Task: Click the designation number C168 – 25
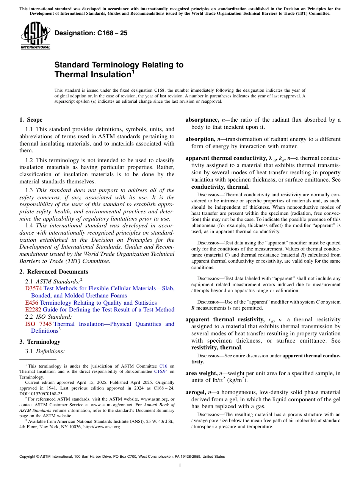[x=91, y=33]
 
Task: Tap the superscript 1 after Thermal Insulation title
[x=133, y=72]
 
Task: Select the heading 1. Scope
[x=31, y=120]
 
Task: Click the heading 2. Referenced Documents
[x=54, y=272]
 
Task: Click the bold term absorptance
[x=202, y=120]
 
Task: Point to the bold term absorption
[x=200, y=139]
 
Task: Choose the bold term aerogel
[x=196, y=392]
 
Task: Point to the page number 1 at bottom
[x=180, y=466]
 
